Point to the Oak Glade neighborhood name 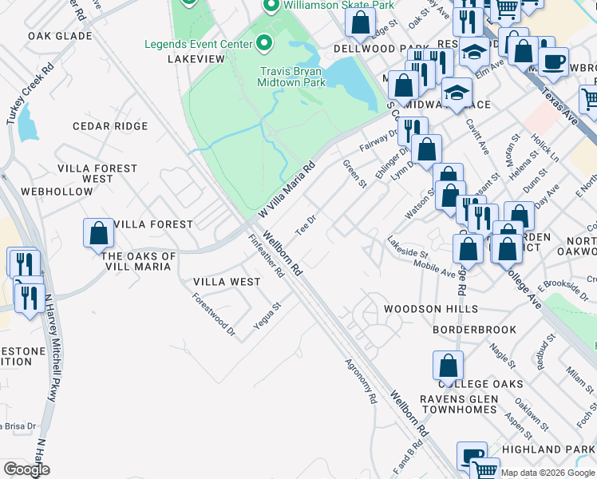point(60,36)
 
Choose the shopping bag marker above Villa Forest point(99,232)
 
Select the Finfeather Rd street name point(266,255)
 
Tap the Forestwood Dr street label point(215,314)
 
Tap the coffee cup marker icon point(553,61)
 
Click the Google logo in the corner point(26,470)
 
